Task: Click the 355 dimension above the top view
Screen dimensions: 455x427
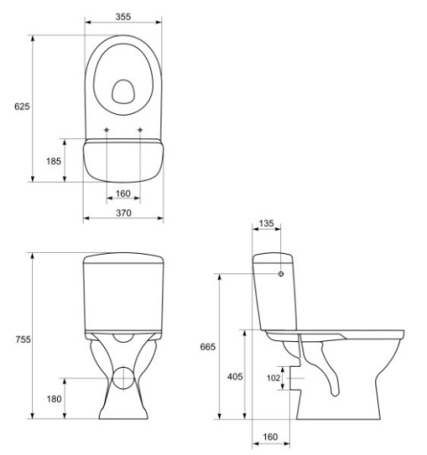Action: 124,16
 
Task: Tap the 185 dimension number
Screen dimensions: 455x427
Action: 53,161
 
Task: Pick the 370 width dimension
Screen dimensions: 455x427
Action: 124,214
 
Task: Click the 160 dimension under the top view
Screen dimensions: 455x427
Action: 124,194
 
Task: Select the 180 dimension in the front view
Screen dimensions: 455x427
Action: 53,399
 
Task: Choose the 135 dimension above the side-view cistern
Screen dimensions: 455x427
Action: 265,223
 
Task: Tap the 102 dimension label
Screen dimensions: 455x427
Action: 273,378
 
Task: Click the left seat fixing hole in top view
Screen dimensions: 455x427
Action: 107,130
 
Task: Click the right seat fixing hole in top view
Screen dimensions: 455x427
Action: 141,130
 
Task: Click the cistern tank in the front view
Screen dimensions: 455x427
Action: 124,294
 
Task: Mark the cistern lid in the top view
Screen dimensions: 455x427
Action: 124,160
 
